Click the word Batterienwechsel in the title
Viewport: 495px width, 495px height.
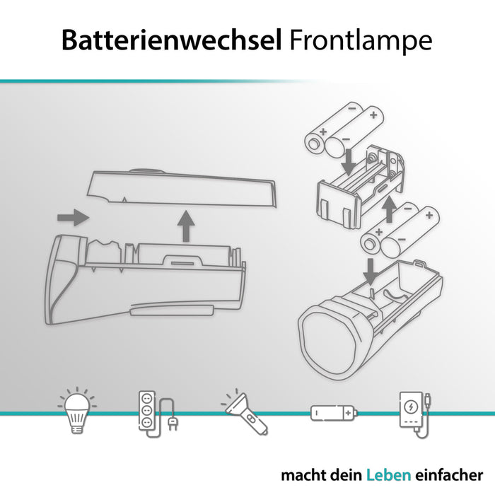click(173, 40)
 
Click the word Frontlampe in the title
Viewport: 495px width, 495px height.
click(361, 40)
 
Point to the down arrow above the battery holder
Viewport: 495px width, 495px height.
click(347, 158)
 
